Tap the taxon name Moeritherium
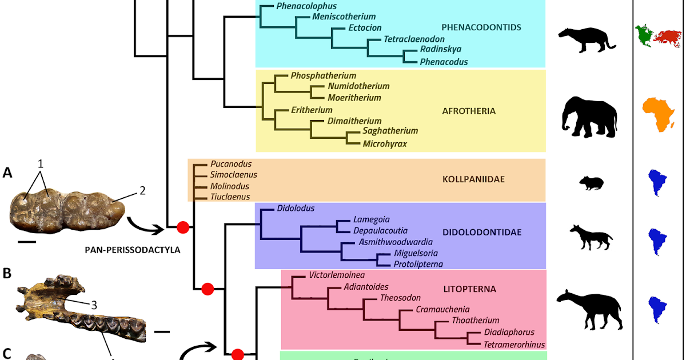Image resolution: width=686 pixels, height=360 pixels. pos(354,98)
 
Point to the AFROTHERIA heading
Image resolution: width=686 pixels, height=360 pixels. pos(469,111)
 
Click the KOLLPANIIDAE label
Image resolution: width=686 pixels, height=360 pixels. pos(473,179)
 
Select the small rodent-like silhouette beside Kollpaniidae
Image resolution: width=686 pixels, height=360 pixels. pos(590,183)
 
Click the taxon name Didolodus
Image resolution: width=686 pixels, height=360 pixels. pos(296,208)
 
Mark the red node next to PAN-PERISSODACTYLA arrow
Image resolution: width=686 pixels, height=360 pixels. pos(183,227)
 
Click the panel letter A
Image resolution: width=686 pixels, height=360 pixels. pos(7,172)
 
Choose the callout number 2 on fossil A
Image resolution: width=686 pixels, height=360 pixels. pos(141,190)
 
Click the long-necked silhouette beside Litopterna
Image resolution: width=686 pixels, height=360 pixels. pos(588,309)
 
